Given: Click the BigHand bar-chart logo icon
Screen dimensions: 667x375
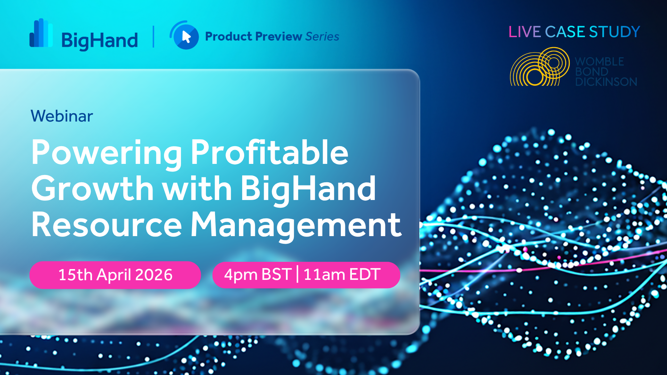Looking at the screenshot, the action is coord(41,33).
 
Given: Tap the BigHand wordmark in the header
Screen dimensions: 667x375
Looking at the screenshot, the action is coord(100,41).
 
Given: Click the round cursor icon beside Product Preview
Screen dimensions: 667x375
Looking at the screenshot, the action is coord(184,35).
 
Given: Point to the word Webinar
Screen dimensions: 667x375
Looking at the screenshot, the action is coord(62,116).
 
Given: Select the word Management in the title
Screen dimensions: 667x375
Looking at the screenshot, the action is coord(296,226).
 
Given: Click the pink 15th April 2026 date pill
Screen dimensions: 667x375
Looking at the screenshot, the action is coord(115,275).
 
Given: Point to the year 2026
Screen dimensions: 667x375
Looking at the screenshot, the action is coord(154,275).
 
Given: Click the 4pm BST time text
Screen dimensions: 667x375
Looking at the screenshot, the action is coord(258,275).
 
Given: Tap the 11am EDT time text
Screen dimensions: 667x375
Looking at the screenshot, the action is coord(342,274).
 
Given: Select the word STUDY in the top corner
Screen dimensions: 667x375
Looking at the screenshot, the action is coord(615,32).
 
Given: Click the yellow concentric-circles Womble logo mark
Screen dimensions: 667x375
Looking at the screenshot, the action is coord(540,66).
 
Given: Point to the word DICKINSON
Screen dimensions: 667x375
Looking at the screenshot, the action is coord(606,82).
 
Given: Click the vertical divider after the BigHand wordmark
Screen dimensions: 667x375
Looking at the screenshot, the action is coord(154,36).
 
